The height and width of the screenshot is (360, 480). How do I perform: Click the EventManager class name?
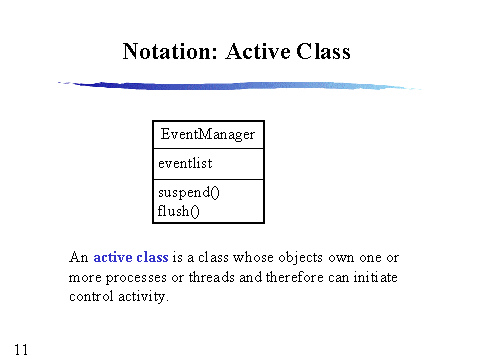click(208, 134)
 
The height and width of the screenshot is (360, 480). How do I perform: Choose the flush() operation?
click(175, 210)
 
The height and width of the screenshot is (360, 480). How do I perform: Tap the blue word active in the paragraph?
click(115, 257)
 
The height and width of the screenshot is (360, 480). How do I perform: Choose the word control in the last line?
click(90, 297)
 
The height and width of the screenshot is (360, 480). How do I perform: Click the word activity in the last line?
click(142, 297)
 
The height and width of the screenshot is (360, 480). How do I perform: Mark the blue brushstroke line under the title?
click(240, 87)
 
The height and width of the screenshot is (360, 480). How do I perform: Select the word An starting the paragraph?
click(79, 257)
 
